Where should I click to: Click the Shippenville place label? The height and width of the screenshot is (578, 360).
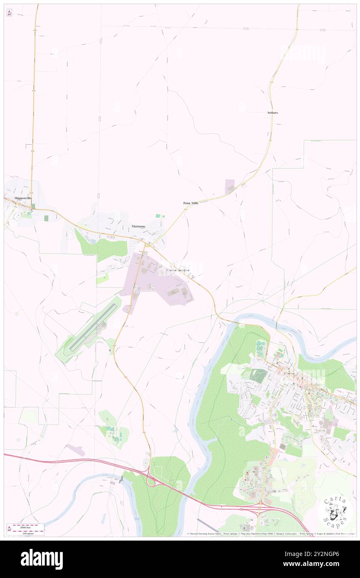pos(16,198)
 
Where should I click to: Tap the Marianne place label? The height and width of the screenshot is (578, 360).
pos(138,226)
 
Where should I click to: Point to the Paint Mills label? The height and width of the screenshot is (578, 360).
pos(191,203)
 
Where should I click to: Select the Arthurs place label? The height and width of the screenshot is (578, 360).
pos(273,113)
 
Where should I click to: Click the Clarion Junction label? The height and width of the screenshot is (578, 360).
pos(178,270)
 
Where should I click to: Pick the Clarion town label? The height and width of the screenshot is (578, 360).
pos(289,373)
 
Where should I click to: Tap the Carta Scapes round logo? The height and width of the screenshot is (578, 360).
pos(335,511)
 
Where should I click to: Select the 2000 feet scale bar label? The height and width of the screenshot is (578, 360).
pos(28,525)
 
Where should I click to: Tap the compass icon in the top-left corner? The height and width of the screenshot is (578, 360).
pos(9,12)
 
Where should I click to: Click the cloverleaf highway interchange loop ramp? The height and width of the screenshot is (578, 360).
pos(152,481)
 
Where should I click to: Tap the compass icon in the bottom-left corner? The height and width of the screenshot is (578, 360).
pos(9,529)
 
